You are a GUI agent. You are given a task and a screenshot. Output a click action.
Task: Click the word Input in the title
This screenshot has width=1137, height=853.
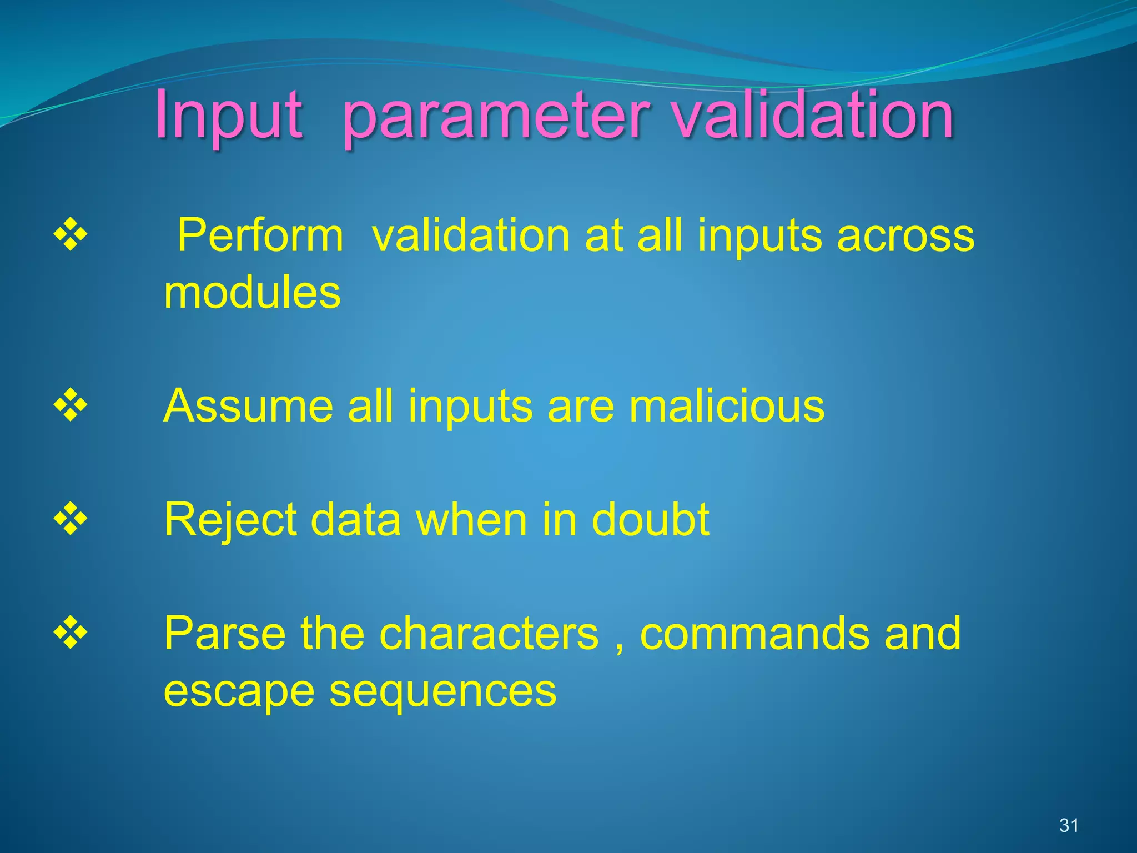pos(229,117)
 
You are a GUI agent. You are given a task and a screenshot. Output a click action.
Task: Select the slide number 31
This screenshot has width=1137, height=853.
pos(1069,825)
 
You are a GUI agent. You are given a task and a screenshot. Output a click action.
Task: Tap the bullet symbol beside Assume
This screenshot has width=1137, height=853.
pos(71,406)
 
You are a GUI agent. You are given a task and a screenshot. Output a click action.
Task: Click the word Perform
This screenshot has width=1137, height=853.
pos(260,237)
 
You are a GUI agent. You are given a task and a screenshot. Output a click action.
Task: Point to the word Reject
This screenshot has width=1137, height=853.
pos(230,521)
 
